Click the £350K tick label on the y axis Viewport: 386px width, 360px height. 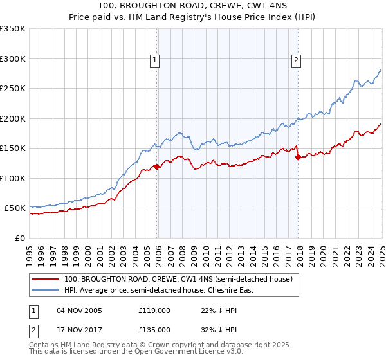[12, 29]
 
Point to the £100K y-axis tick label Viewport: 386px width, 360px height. [12, 178]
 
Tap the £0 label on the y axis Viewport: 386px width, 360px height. [19, 238]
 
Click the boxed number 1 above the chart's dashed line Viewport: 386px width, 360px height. [156, 61]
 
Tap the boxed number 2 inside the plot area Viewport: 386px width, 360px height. [297, 61]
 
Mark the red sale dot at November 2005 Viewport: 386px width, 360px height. [156, 167]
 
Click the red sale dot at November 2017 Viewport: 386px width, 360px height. [297, 157]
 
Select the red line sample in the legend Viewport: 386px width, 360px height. [45, 279]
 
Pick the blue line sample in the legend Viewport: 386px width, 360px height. [45, 290]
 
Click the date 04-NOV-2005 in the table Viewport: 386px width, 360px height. [79, 310]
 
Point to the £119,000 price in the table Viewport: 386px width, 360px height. [154, 310]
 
